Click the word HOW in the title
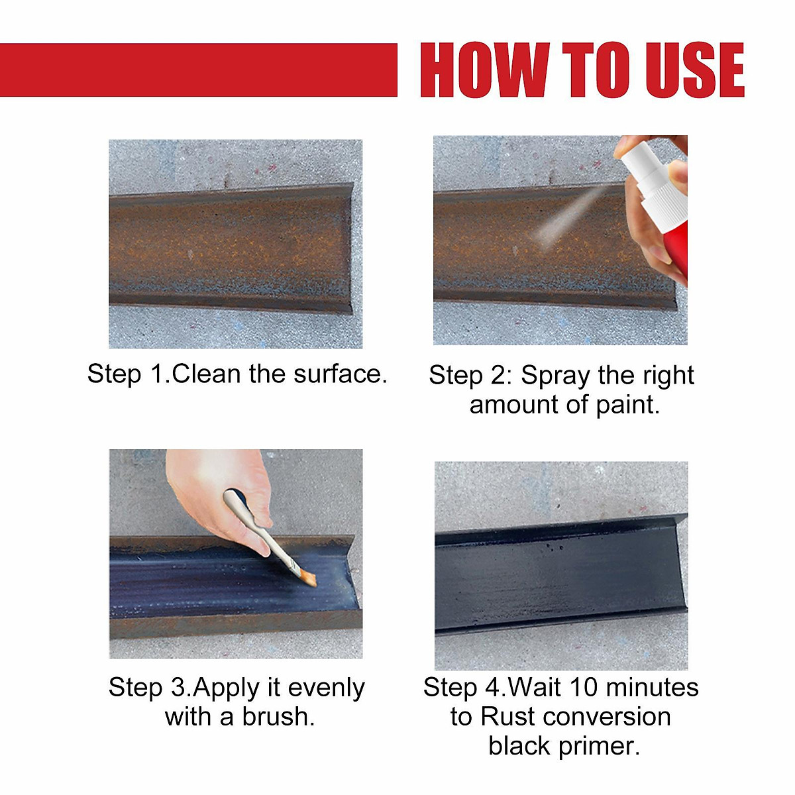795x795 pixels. tap(484, 70)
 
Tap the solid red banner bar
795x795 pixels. tap(199, 70)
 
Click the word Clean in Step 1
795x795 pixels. tap(206, 374)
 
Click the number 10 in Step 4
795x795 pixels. tap(583, 688)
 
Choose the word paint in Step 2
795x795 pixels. tap(626, 405)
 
